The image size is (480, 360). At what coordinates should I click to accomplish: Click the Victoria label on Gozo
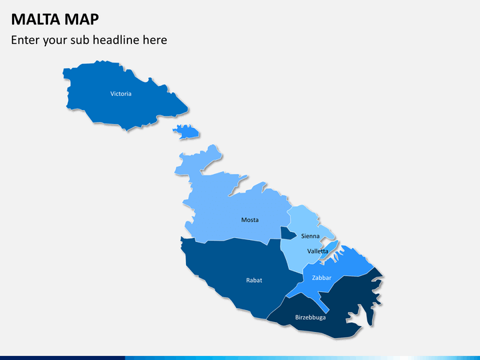(x=121, y=94)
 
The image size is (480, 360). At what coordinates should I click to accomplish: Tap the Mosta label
(x=250, y=220)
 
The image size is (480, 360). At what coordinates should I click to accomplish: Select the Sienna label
(x=310, y=236)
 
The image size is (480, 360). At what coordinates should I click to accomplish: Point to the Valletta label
(x=317, y=251)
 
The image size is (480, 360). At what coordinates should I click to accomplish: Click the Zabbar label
(x=321, y=277)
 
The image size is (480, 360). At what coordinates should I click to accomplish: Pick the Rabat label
(x=254, y=280)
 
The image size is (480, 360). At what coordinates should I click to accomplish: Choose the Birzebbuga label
(x=311, y=317)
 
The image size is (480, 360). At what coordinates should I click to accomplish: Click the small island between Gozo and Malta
(x=187, y=131)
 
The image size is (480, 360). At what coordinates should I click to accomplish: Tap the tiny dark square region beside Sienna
(x=287, y=233)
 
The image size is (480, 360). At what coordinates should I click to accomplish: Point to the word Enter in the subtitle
(x=25, y=40)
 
